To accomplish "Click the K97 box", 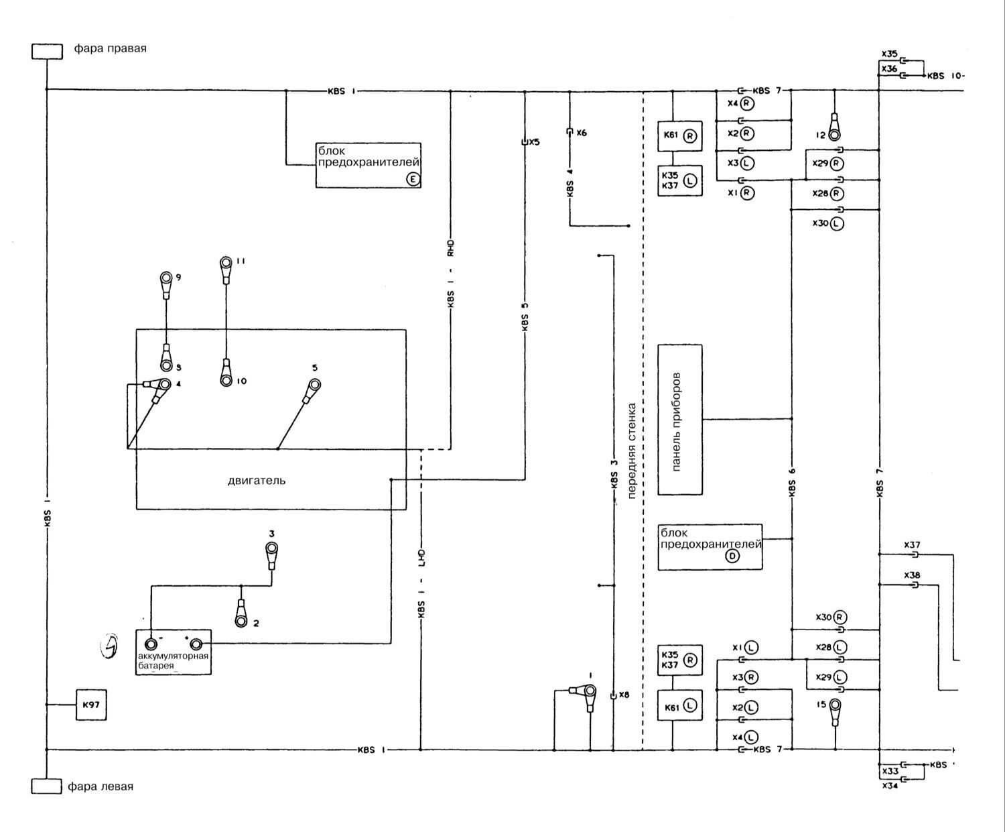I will pyautogui.click(x=91, y=705).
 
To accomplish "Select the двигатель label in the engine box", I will pyautogui.click(x=257, y=480).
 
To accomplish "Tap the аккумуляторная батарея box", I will pyautogui.click(x=174, y=652).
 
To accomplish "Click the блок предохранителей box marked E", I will pyautogui.click(x=368, y=165).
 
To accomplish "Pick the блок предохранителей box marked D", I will pyautogui.click(x=710, y=547).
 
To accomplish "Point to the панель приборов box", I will pyautogui.click(x=680, y=420).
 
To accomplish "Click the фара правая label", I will pyautogui.click(x=110, y=48).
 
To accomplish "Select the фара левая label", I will pyautogui.click(x=100, y=786).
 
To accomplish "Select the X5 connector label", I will pyautogui.click(x=533, y=142).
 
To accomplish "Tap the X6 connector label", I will pyautogui.click(x=581, y=133).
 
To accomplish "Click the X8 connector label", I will pyautogui.click(x=624, y=695).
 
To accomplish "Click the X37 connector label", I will pyautogui.click(x=912, y=545).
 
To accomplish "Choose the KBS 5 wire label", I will pyautogui.click(x=525, y=316).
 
